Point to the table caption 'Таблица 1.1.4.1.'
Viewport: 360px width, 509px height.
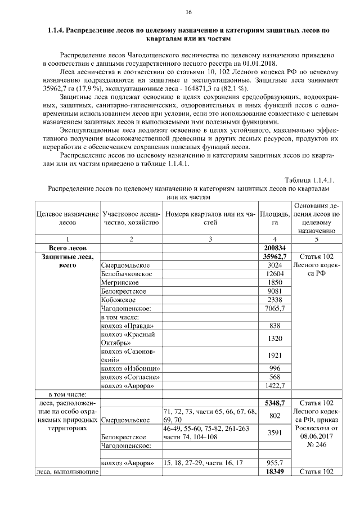[309, 180]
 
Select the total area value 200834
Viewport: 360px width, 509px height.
[274, 247]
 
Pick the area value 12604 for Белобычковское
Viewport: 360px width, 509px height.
[274, 273]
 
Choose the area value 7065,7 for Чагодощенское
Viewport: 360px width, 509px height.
[274, 308]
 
